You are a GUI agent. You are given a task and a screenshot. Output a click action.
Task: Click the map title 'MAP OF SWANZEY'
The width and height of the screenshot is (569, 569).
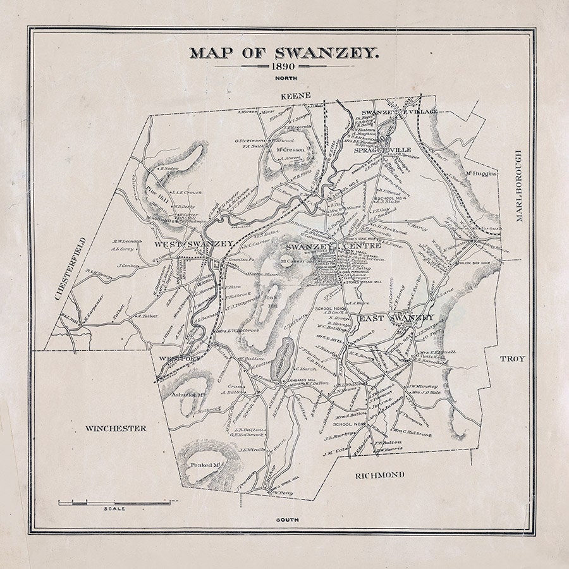[x=284, y=52]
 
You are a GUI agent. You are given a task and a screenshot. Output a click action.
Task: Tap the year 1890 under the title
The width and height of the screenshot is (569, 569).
[x=284, y=66]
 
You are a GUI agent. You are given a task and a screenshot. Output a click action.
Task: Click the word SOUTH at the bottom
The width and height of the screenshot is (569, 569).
[x=287, y=520]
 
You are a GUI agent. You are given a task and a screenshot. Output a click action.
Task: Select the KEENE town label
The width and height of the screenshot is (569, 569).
[x=296, y=95]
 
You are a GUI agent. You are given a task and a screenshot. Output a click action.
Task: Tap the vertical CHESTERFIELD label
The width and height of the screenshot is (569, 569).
[x=61, y=268]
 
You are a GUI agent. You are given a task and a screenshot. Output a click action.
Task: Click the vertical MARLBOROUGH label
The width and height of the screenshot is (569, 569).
[x=518, y=186]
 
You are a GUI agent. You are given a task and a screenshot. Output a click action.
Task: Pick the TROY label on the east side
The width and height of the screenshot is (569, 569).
[x=512, y=358]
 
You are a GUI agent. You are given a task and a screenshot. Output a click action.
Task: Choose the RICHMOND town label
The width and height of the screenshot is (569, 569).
[x=379, y=474]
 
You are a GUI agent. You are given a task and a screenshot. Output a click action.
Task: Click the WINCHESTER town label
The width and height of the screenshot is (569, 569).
[x=116, y=428]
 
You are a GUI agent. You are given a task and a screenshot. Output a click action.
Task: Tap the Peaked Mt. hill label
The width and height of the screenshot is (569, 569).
[x=205, y=465]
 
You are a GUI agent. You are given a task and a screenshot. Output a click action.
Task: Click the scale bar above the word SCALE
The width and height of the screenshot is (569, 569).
[x=114, y=503]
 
